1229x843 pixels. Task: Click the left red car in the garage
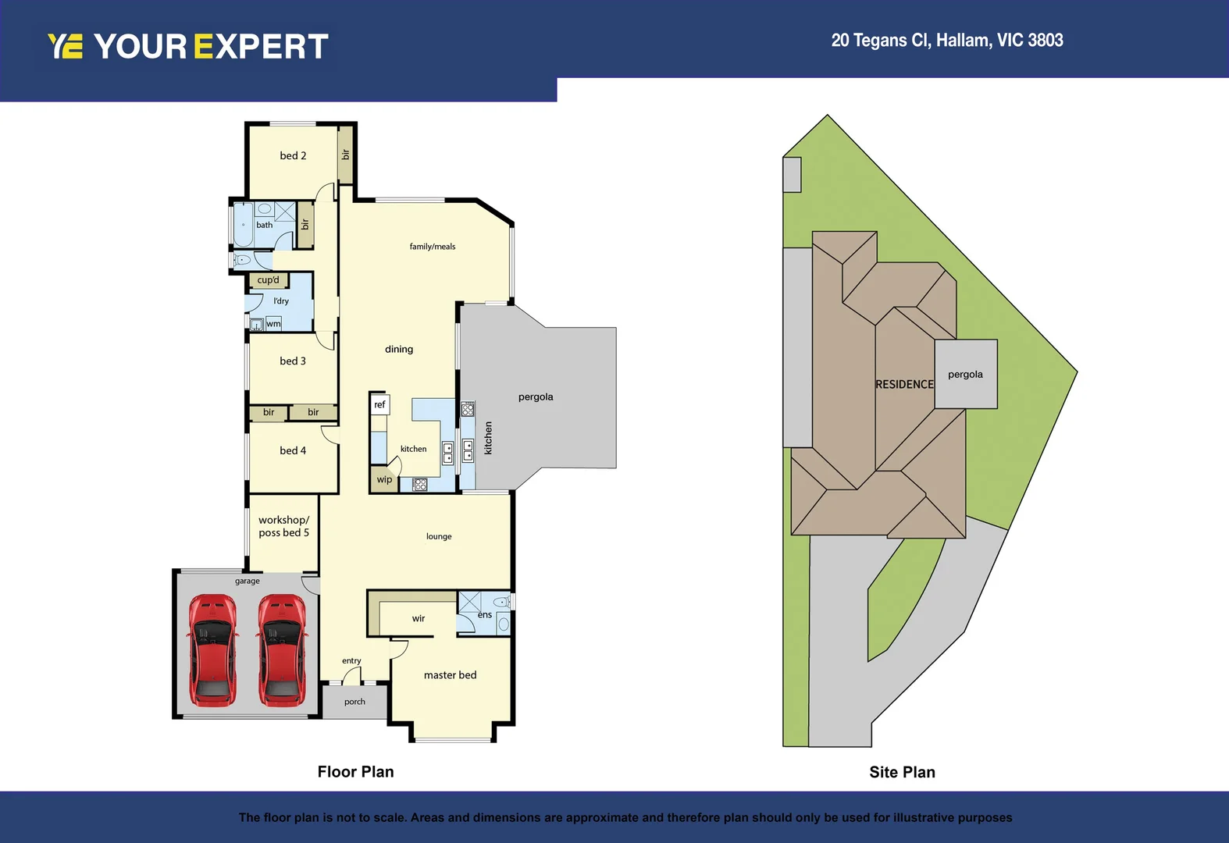pyautogui.click(x=212, y=649)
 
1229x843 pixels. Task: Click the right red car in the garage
pyautogui.click(x=282, y=649)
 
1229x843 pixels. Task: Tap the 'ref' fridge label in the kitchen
pyautogui.click(x=379, y=404)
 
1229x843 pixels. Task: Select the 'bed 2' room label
pyautogui.click(x=293, y=155)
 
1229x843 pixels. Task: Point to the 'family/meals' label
pyautogui.click(x=433, y=247)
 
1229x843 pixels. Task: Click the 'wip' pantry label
pyautogui.click(x=384, y=479)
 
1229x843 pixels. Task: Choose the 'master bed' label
pyautogui.click(x=450, y=675)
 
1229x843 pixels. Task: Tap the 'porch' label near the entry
pyautogui.click(x=354, y=702)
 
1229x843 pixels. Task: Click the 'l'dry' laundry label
pyautogui.click(x=281, y=301)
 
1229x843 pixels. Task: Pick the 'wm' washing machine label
pyautogui.click(x=273, y=324)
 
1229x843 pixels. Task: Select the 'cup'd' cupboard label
pyautogui.click(x=268, y=280)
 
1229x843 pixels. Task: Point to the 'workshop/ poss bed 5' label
pyautogui.click(x=283, y=526)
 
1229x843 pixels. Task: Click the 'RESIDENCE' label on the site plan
pyautogui.click(x=904, y=384)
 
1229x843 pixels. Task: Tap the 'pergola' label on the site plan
pyautogui.click(x=965, y=375)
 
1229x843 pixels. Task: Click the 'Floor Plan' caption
pyautogui.click(x=355, y=772)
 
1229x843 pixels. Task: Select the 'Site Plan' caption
pyautogui.click(x=902, y=772)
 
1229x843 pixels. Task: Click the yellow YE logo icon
pyautogui.click(x=66, y=46)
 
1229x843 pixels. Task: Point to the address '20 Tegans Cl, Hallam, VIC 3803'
pyautogui.click(x=946, y=41)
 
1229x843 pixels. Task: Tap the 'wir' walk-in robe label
pyautogui.click(x=419, y=618)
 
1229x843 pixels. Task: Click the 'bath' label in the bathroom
pyautogui.click(x=265, y=225)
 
